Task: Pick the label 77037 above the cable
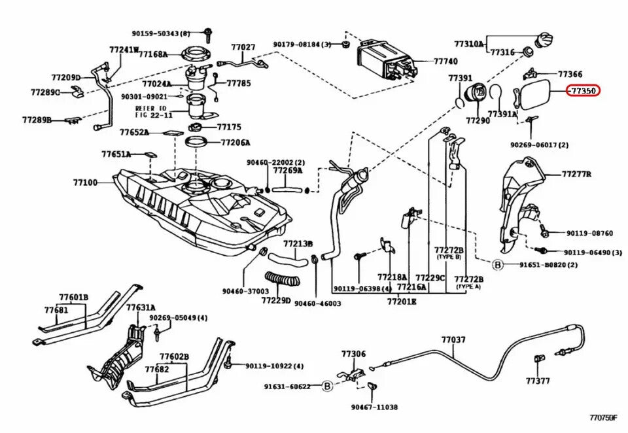click(453, 339)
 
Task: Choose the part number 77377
click(538, 380)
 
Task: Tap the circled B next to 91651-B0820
click(497, 265)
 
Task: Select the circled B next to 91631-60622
click(327, 387)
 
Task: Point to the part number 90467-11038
click(374, 407)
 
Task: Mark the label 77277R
click(576, 175)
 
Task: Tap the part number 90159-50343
click(160, 33)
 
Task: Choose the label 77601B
click(75, 298)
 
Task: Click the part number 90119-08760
click(589, 233)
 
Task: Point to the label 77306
click(353, 354)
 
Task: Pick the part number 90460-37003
click(245, 291)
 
